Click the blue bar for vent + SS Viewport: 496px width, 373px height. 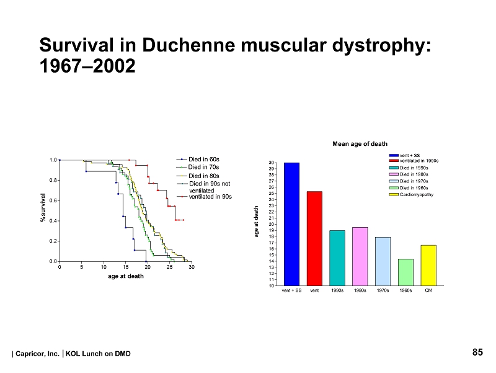click(x=291, y=224)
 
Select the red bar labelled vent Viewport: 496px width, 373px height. click(x=314, y=238)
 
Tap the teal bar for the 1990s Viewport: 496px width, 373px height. click(x=337, y=258)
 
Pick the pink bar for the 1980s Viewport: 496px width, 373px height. click(x=360, y=256)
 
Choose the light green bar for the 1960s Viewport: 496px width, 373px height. click(x=405, y=272)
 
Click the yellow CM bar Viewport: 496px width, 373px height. click(x=428, y=265)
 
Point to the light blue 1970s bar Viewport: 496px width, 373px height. click(x=383, y=261)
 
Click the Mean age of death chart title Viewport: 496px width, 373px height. click(x=360, y=144)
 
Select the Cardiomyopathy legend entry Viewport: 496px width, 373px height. click(x=416, y=195)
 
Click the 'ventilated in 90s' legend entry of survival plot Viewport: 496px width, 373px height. click(x=210, y=197)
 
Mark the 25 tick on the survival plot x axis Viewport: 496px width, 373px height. click(x=170, y=267)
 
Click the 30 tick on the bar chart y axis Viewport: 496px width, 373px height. click(x=272, y=163)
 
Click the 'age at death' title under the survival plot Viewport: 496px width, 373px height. click(x=125, y=276)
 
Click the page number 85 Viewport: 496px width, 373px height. click(x=477, y=353)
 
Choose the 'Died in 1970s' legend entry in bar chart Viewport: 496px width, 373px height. click(x=413, y=181)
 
